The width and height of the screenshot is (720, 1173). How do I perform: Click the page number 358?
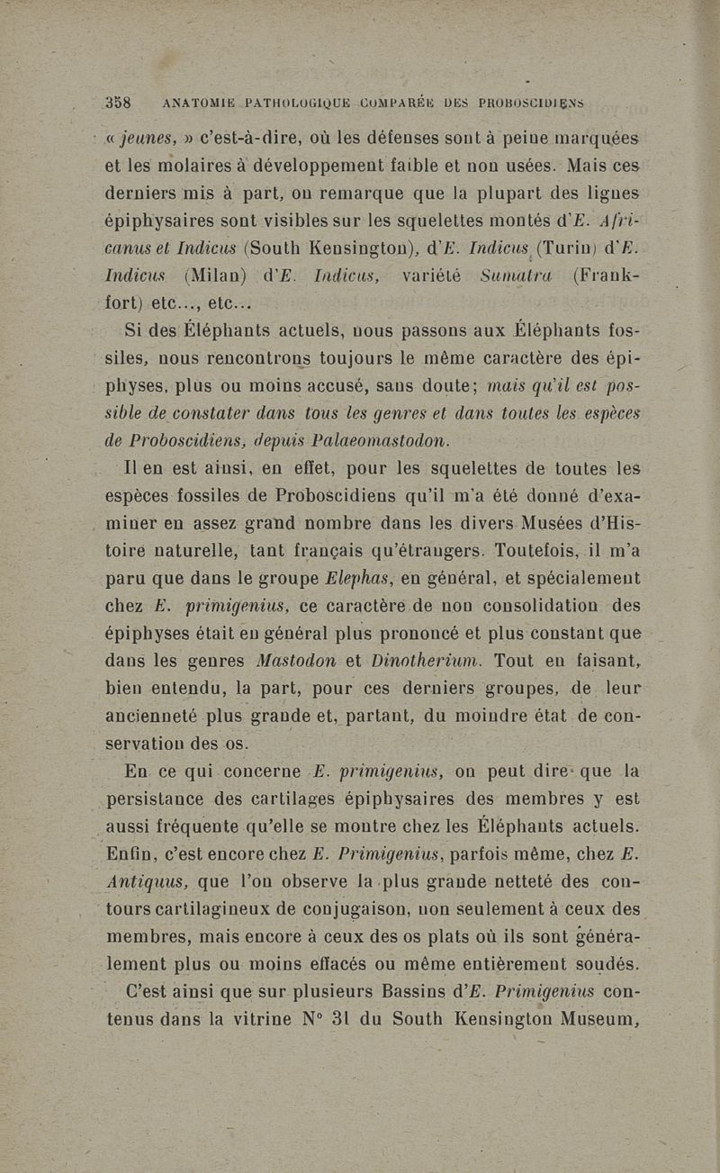[x=119, y=103]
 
